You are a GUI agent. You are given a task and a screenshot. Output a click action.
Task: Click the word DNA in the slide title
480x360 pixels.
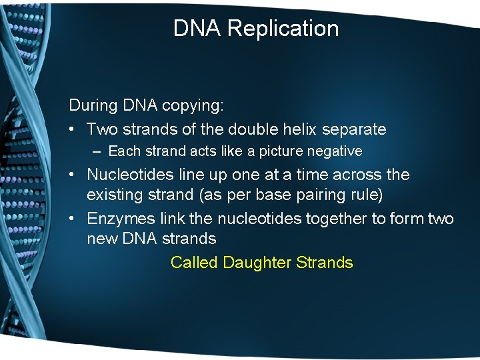click(197, 29)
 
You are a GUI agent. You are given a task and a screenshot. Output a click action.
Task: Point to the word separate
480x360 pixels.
click(354, 129)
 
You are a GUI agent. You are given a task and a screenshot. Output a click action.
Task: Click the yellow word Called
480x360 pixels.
click(194, 263)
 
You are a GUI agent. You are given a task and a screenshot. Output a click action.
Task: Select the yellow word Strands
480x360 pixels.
click(325, 263)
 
